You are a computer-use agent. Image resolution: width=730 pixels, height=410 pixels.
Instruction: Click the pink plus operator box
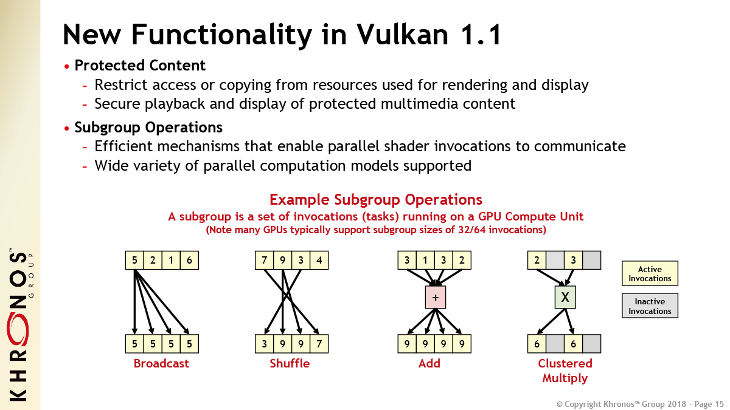pos(436,297)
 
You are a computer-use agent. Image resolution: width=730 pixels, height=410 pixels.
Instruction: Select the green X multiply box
pos(565,297)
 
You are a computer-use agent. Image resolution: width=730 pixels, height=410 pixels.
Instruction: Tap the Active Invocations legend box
pos(650,274)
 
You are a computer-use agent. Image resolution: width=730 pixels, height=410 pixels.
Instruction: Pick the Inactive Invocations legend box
pos(650,306)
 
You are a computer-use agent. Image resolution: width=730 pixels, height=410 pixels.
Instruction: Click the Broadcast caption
pos(161,364)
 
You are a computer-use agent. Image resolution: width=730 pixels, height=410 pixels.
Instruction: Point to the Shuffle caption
pos(290,364)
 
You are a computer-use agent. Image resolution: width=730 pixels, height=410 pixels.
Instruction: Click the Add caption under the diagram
pos(429,364)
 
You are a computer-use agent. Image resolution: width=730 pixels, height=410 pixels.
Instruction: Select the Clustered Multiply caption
pos(565,371)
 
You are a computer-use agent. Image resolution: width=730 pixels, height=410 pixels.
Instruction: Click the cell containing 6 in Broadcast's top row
pos(189,261)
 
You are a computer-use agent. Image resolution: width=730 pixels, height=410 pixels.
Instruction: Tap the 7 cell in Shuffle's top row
pos(265,261)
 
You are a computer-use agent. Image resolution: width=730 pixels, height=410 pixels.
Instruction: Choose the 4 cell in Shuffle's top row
pos(319,261)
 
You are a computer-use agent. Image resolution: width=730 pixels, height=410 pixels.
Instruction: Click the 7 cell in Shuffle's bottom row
pos(319,344)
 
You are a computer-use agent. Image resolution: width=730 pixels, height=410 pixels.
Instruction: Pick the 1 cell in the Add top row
pos(425,261)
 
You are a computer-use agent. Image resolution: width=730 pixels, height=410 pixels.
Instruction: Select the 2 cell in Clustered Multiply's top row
pos(537,261)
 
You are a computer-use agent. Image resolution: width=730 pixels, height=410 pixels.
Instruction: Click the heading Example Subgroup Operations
pos(375,200)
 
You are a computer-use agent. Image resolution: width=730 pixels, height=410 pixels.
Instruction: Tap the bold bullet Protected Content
pos(140,66)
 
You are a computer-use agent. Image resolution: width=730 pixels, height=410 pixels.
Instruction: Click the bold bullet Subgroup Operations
pos(148,128)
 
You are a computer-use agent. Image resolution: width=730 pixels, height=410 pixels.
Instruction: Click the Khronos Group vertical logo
pos(20,321)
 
